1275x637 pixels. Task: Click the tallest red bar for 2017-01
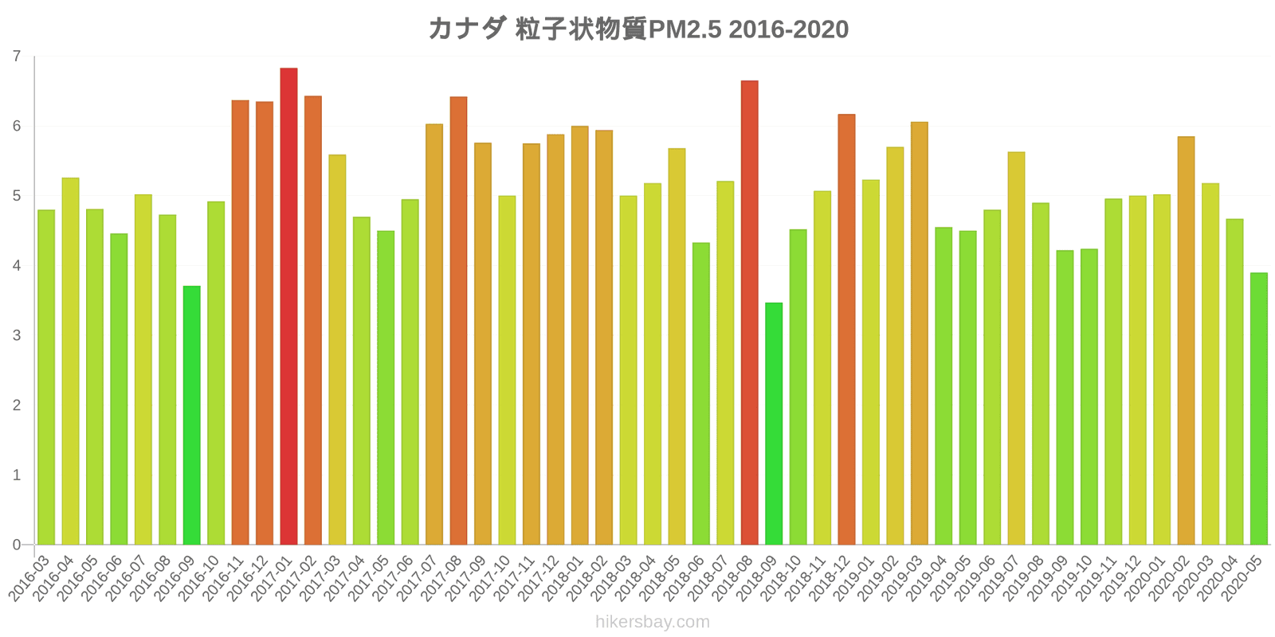[288, 307]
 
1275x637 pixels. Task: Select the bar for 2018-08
[749, 313]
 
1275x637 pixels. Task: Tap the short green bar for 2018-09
[774, 424]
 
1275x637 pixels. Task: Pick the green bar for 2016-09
[191, 415]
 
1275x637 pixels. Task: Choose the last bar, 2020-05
[1259, 408]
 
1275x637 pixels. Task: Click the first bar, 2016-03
[46, 377]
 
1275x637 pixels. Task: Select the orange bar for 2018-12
[846, 330]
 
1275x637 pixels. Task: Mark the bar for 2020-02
[1186, 341]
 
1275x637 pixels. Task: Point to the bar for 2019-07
[1016, 348]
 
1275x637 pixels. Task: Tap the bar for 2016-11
[240, 322]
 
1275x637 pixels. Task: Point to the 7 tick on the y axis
[17, 57]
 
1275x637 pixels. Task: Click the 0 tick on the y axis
[17, 545]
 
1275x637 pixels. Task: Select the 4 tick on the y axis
[17, 266]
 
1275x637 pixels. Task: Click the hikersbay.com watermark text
[652, 622]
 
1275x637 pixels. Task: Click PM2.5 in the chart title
[685, 29]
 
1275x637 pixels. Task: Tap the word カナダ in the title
[466, 29]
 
